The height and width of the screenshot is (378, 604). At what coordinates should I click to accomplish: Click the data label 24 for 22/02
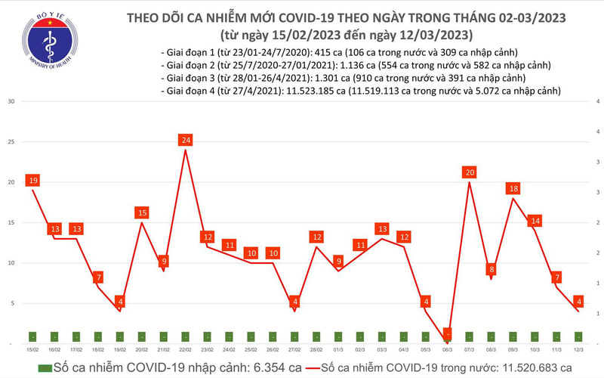(186, 140)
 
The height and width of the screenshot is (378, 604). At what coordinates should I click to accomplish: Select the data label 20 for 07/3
(470, 172)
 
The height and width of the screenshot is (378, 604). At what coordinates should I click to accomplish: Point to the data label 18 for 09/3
(513, 188)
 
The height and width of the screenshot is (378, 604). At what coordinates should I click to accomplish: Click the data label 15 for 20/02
(142, 213)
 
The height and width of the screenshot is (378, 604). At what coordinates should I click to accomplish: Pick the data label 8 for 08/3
(492, 269)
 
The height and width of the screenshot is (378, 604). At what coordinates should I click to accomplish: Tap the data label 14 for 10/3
(535, 221)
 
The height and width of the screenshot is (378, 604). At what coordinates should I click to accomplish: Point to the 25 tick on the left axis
(8, 142)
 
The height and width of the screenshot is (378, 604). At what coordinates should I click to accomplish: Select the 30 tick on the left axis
(8, 101)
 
